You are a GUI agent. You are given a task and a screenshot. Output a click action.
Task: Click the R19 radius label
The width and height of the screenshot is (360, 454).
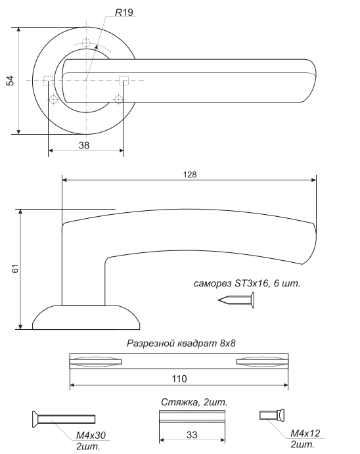[x=124, y=12]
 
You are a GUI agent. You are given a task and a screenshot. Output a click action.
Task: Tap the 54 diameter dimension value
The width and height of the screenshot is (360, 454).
[x=10, y=81]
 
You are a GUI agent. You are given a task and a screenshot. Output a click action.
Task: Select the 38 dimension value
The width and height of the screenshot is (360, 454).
[x=84, y=145]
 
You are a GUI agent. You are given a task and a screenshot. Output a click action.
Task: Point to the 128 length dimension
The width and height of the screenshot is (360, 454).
[x=190, y=175]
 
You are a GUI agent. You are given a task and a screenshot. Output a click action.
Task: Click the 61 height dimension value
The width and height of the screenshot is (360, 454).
[x=15, y=269]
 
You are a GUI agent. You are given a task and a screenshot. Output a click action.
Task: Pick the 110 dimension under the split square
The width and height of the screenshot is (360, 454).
[x=179, y=378]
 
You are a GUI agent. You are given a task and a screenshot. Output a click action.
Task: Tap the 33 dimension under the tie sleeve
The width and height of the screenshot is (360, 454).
[x=192, y=434]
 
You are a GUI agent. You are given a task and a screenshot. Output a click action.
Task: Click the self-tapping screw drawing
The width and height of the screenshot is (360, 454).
[x=236, y=300]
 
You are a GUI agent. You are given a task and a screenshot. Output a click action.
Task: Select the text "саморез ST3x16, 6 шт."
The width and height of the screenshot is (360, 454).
[x=247, y=283]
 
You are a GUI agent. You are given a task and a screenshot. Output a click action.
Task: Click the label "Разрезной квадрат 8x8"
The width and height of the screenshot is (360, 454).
[x=181, y=344]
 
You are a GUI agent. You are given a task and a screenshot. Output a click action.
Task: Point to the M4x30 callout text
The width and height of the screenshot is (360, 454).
[x=91, y=435]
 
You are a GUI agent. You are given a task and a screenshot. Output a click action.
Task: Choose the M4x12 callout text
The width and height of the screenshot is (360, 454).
[x=305, y=433]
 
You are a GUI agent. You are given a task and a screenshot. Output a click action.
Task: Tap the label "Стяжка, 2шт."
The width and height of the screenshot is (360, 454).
[x=194, y=402]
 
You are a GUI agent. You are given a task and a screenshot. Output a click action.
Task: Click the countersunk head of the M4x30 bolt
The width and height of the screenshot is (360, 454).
[x=35, y=419]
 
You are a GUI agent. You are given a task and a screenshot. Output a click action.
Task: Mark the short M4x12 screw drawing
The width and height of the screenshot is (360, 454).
[x=272, y=415]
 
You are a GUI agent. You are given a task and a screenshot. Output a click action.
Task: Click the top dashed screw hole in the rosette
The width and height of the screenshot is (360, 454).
[x=86, y=43]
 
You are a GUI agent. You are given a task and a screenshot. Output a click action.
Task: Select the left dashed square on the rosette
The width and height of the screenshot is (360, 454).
[x=48, y=81]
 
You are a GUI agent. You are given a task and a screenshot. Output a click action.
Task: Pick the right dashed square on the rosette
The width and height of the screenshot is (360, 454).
[x=124, y=81]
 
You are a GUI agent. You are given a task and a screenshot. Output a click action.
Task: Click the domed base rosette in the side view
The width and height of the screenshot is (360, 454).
[x=86, y=317]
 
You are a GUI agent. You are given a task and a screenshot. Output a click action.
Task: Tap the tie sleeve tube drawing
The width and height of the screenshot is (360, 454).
[x=192, y=417]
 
